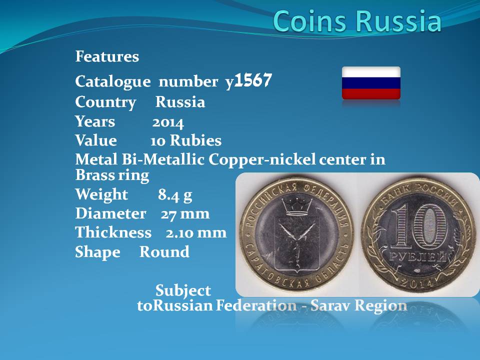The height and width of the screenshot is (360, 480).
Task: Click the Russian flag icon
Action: [x=371, y=83]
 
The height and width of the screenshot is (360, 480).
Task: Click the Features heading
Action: [x=107, y=56]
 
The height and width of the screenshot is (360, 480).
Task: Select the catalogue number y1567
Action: [x=248, y=81]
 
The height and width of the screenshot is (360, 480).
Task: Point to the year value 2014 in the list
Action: [x=168, y=122]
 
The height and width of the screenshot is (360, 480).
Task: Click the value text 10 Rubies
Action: [x=186, y=140]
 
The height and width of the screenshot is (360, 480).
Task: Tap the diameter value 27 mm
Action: [x=185, y=213]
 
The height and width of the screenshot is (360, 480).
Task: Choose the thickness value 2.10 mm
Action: [x=196, y=233]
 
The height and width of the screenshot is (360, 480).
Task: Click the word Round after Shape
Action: [x=164, y=251]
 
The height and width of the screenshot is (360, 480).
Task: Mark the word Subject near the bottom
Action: [x=183, y=290]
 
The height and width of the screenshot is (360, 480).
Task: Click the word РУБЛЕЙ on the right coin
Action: [x=418, y=257]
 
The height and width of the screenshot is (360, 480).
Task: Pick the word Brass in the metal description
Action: [x=93, y=175]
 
